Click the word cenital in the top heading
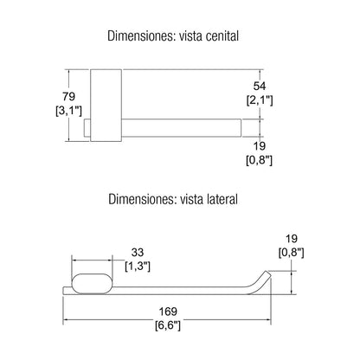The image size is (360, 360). coord(222,36)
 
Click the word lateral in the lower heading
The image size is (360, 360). coord(222,199)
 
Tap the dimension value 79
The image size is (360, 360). coord(68,96)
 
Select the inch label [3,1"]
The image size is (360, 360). coord(68,111)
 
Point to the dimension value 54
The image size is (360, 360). coord(260,86)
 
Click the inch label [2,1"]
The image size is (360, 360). coord(260,100)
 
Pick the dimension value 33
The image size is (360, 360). coord(138,253)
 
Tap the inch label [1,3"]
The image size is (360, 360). coord(138,267)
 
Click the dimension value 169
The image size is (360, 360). coord(168,312)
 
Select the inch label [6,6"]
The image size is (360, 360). coord(168,325)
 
